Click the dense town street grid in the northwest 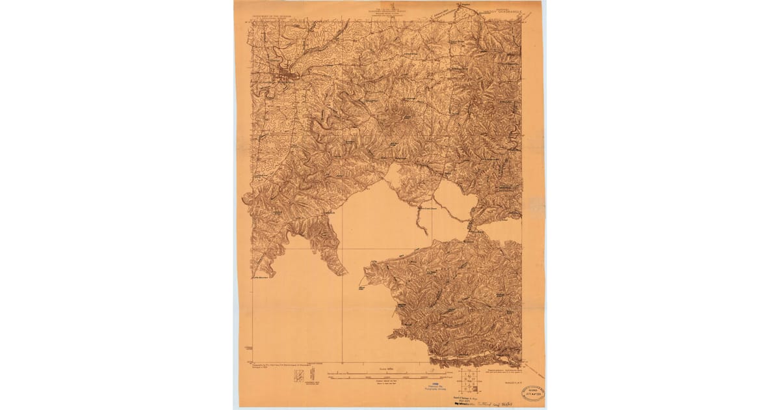click(285, 74)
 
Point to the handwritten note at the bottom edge click(494, 403)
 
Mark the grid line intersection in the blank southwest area click(342, 248)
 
